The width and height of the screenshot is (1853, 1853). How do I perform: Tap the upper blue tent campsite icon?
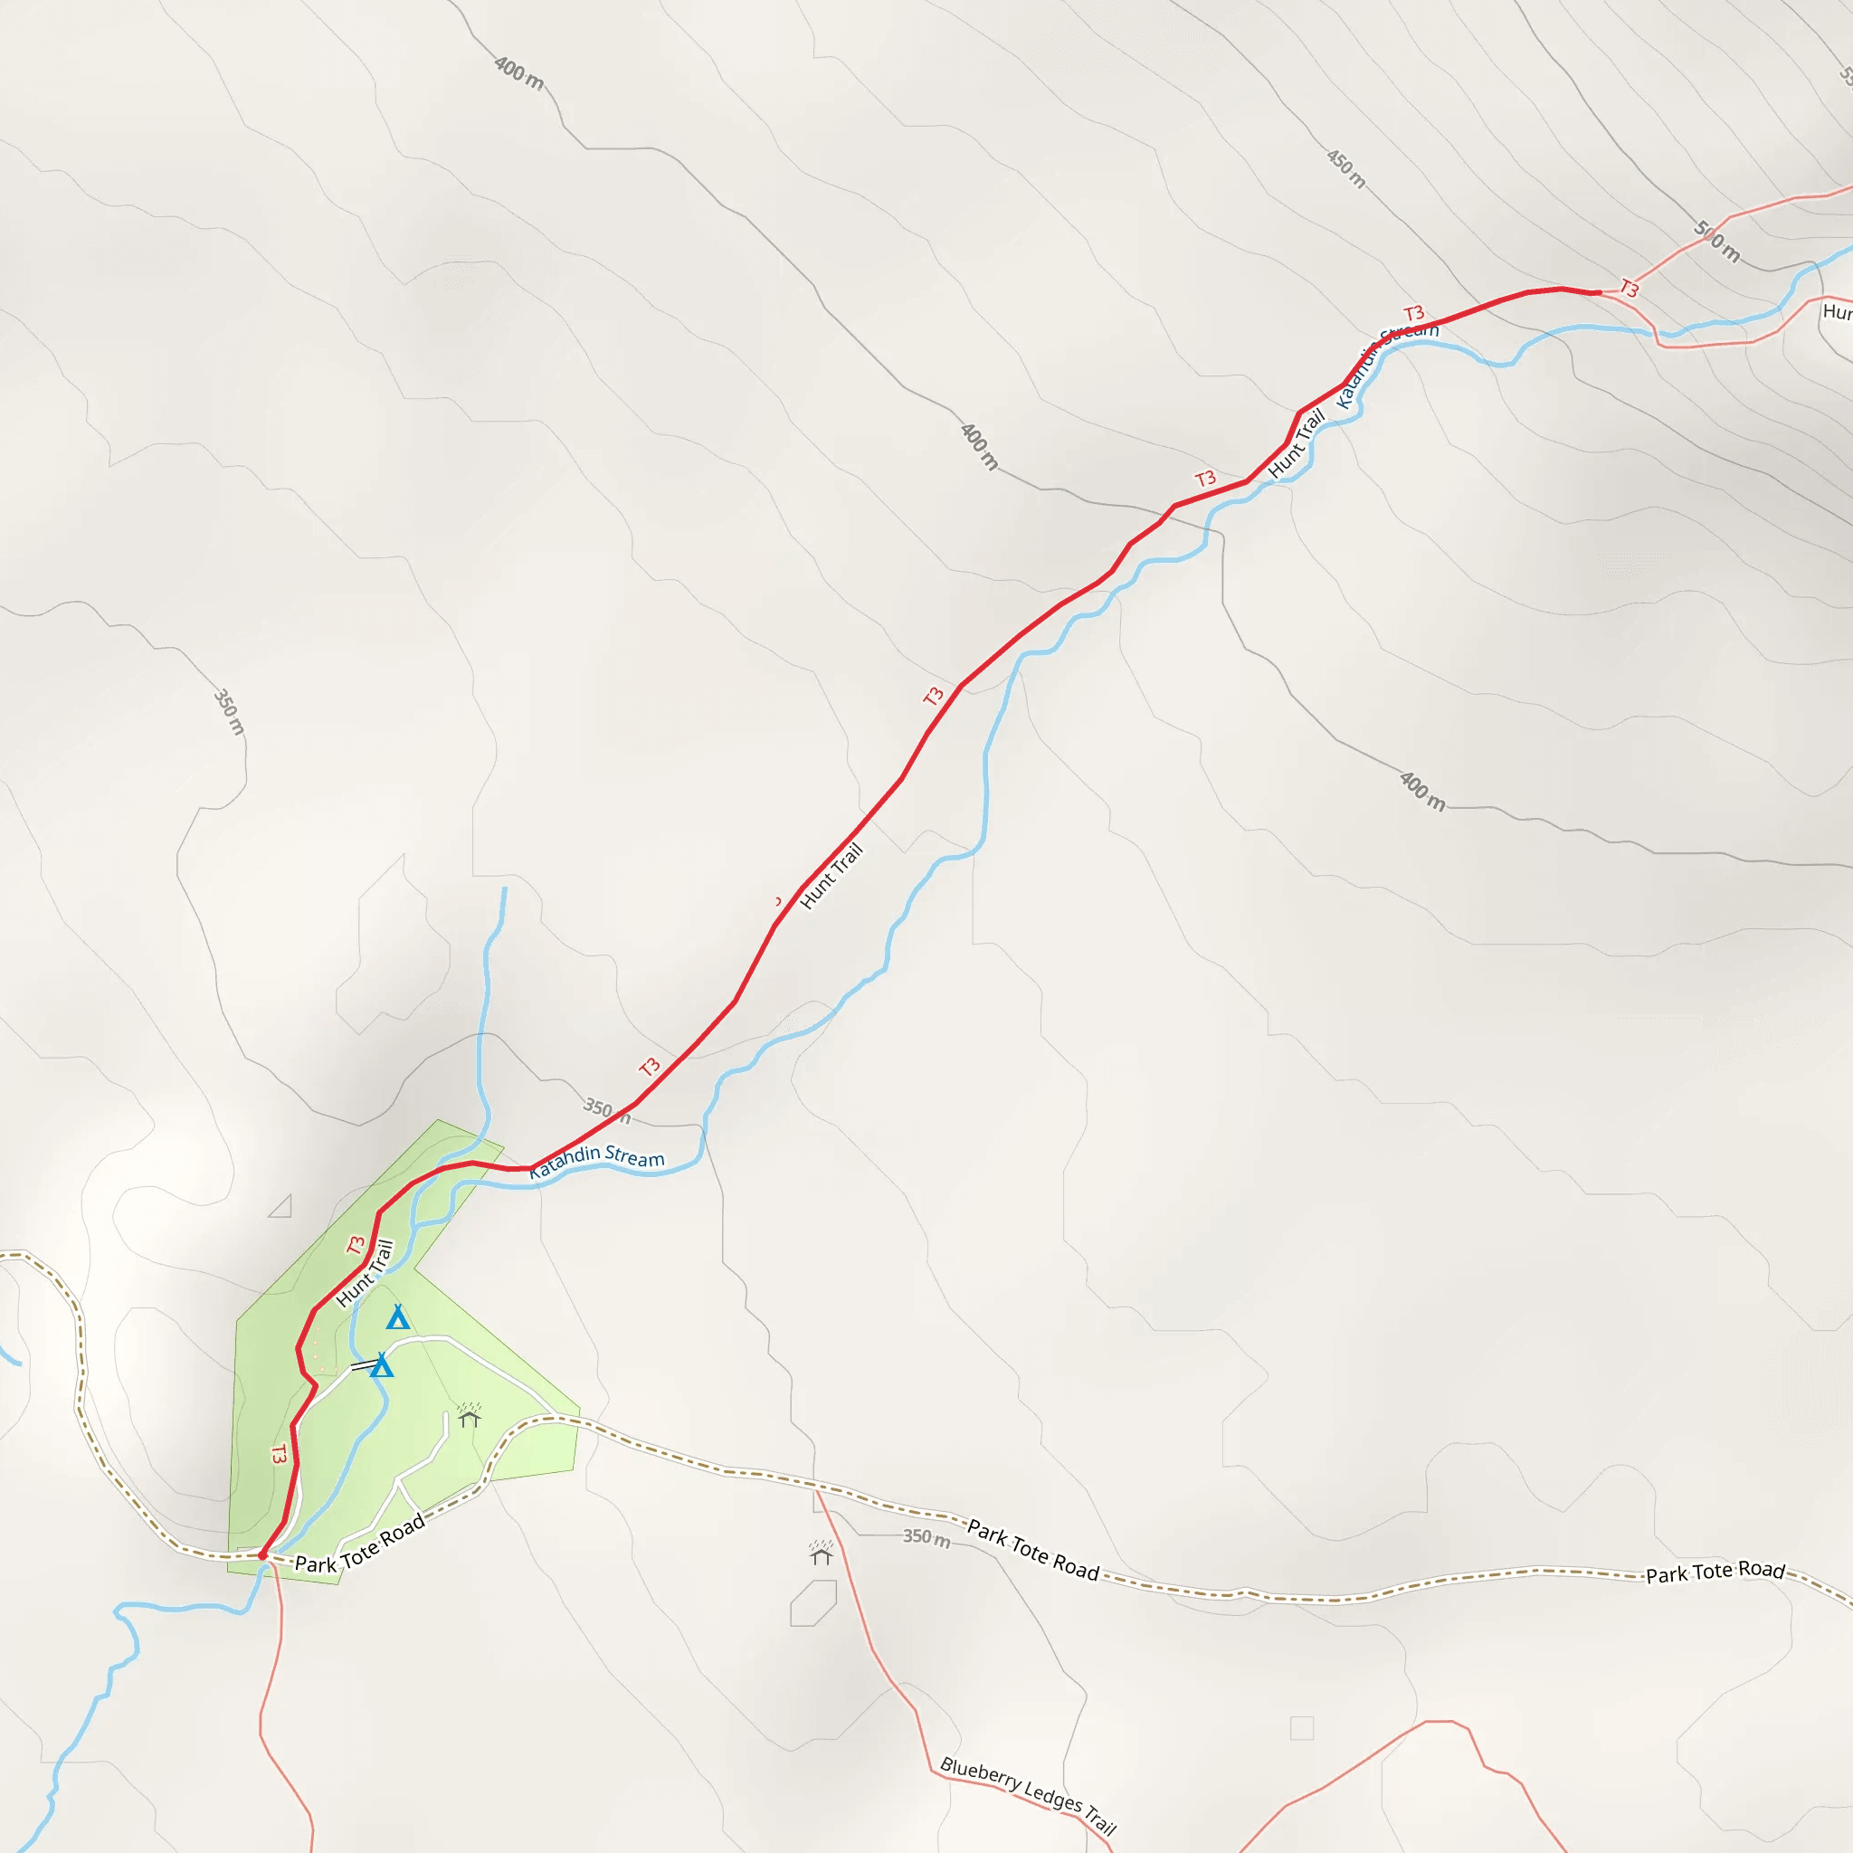click(398, 1317)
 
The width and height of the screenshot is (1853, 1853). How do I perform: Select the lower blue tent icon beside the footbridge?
click(382, 1365)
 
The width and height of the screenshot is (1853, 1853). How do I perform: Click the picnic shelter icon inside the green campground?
click(469, 1416)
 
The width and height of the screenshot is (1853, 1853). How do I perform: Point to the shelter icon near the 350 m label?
click(821, 1553)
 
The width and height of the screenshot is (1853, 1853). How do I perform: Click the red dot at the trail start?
click(262, 1555)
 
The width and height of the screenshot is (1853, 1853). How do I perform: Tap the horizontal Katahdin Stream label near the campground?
click(596, 1156)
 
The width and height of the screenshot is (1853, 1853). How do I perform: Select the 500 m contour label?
click(1715, 241)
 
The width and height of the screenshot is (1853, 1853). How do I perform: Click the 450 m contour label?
click(1345, 169)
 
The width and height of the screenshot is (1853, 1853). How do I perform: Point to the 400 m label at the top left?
click(518, 74)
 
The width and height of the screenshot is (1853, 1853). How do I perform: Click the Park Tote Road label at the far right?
click(1715, 1571)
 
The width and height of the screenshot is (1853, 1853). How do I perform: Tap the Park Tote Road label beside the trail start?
click(360, 1545)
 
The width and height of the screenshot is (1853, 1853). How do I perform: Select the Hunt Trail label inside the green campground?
click(366, 1274)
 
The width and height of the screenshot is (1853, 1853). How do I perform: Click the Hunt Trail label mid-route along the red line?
click(831, 876)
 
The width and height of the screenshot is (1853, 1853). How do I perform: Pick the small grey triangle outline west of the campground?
click(281, 1207)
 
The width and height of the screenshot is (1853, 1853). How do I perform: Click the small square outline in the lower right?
click(1301, 1728)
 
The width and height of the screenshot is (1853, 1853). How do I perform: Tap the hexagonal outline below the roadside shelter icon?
click(813, 1603)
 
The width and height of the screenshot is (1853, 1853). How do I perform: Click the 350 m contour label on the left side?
click(229, 712)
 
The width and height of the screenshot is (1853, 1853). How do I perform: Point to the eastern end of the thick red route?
click(1598, 292)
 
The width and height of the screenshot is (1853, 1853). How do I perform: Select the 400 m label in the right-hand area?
click(1421, 792)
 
